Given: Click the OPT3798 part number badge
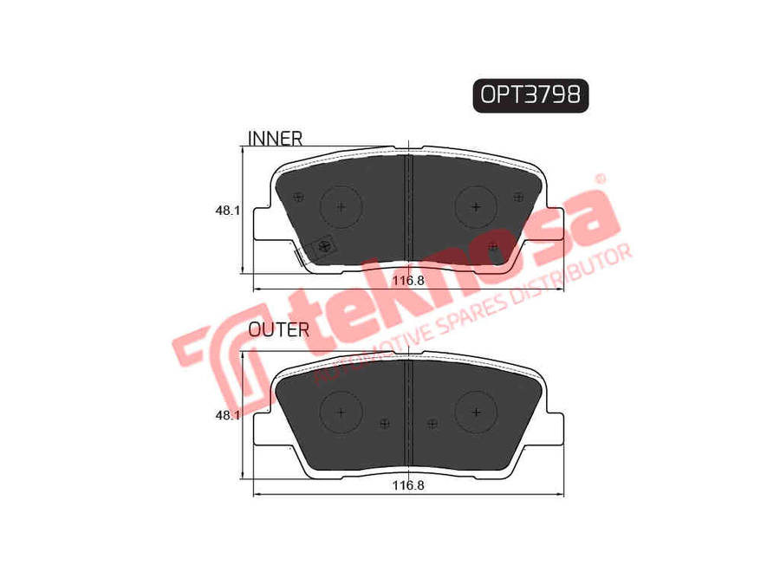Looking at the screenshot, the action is coord(530,94).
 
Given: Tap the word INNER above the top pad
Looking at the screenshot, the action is coord(275,139).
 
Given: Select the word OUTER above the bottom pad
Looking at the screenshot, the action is coord(279,329).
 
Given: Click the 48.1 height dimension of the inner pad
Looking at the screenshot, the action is coord(227,211).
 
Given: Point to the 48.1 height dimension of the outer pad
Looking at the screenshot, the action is coord(227,415).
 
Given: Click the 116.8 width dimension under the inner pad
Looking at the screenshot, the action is coord(408,281).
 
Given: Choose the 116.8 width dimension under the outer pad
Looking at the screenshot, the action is coord(408,485).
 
